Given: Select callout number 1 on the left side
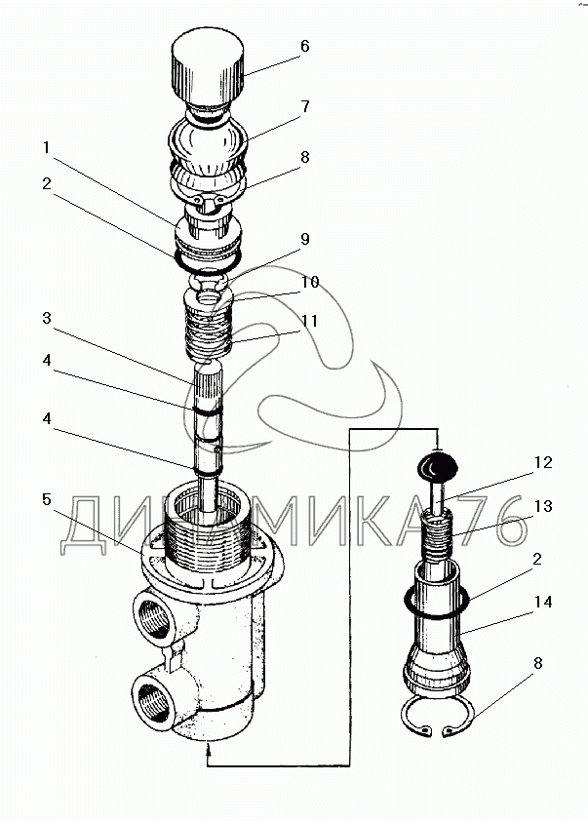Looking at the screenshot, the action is (47, 148).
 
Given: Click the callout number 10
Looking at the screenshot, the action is (310, 283).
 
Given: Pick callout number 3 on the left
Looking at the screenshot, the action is (47, 319).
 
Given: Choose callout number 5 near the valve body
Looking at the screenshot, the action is (47, 499).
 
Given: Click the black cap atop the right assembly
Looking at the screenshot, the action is (436, 466).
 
